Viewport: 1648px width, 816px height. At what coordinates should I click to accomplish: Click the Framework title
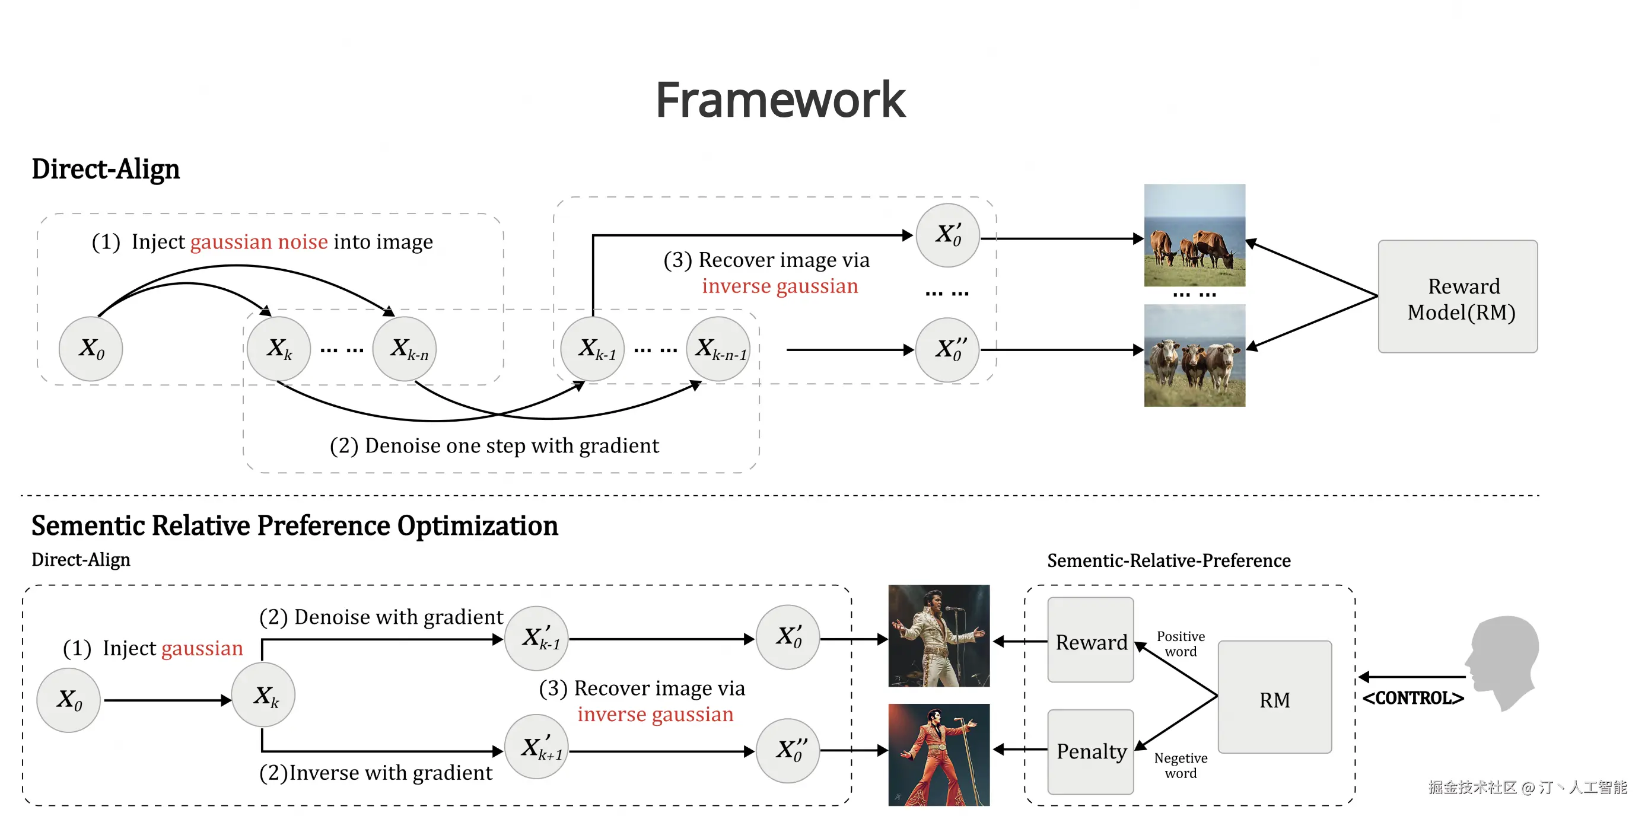click(x=781, y=100)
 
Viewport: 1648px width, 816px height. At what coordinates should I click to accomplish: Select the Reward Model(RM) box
click(x=1458, y=296)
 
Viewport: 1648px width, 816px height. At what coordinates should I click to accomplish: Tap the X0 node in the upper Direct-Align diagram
click(x=91, y=349)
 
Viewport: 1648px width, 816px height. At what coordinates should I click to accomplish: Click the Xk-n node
click(x=405, y=349)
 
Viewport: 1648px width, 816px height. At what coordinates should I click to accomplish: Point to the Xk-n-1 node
click(x=718, y=349)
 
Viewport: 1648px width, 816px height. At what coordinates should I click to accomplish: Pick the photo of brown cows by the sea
click(x=1194, y=235)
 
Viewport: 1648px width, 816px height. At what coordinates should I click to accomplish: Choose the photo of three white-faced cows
click(x=1194, y=356)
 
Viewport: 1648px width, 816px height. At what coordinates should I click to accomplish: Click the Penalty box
click(x=1091, y=751)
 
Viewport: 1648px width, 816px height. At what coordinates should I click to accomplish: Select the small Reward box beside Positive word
click(x=1091, y=640)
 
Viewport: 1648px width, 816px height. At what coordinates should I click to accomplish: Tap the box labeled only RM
click(x=1274, y=697)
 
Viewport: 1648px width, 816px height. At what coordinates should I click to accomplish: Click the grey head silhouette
click(x=1503, y=662)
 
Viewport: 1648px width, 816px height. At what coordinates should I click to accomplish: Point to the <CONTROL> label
click(x=1412, y=698)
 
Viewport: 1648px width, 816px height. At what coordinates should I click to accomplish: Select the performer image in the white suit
click(x=938, y=636)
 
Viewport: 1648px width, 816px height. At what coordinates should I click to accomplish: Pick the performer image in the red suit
click(x=938, y=754)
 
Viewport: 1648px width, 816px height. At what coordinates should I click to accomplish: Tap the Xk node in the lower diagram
click(x=263, y=695)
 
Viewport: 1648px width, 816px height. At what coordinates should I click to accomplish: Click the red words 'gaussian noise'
click(x=259, y=242)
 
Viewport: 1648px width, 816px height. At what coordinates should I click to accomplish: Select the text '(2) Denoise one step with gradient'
click(x=494, y=445)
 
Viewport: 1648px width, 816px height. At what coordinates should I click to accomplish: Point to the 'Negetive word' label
click(x=1181, y=766)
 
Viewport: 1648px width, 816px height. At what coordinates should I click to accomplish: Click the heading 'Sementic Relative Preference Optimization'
click(x=295, y=525)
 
